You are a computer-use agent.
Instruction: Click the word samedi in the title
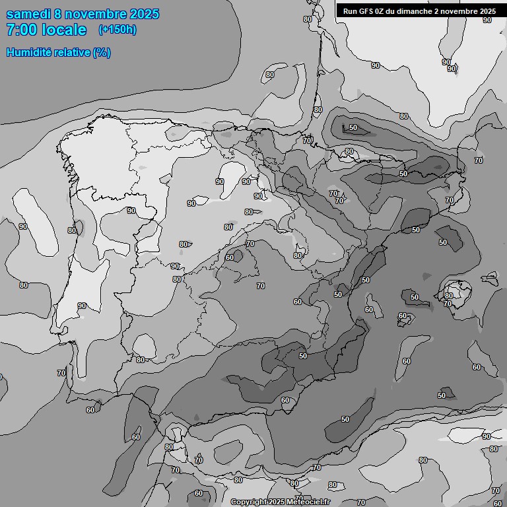[x=30, y=14]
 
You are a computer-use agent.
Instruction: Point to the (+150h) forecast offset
[x=117, y=30]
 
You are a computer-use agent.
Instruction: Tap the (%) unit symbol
[x=102, y=52]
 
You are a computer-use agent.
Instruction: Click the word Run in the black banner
[x=351, y=11]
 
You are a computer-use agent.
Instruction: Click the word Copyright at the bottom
[x=250, y=502]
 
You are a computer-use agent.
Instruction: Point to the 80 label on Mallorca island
[x=449, y=296]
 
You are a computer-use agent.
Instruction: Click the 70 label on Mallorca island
[x=448, y=304]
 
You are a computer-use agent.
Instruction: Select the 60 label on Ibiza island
[x=402, y=316]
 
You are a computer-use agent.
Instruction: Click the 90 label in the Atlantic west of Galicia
[x=23, y=226]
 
